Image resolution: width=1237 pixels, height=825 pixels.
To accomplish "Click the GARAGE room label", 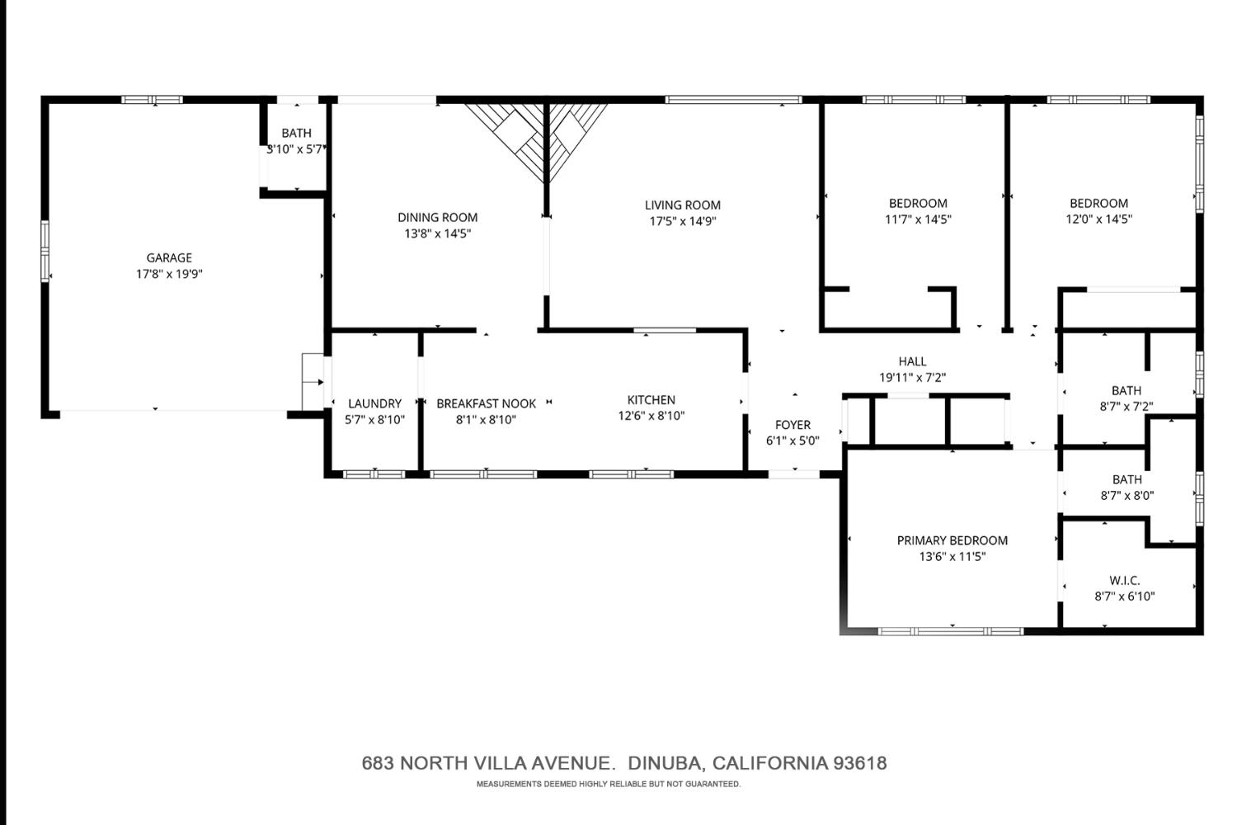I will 169,258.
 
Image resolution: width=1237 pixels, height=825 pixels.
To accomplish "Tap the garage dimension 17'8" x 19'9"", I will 169,274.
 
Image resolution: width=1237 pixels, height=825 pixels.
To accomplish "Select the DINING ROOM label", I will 437,218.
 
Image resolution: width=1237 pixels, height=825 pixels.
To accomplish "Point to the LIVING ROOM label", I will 682,205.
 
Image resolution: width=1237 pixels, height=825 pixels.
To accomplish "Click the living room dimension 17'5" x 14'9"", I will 682,221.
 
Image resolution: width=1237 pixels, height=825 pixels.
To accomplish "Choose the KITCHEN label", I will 651,400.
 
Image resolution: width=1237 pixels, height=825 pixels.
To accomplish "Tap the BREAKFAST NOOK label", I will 486,403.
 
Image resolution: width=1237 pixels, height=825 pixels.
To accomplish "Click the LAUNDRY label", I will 374,403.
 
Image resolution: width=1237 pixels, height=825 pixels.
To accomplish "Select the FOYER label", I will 793,425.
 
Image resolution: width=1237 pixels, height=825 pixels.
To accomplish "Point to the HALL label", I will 912,361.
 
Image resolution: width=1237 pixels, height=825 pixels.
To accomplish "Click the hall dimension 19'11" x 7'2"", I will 912,378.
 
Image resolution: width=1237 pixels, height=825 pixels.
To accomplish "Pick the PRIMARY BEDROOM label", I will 952,540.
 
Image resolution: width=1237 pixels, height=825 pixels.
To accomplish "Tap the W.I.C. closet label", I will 1125,581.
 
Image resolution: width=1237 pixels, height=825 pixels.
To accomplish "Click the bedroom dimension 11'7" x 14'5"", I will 918,219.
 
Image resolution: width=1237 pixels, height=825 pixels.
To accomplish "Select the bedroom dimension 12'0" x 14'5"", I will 1098,219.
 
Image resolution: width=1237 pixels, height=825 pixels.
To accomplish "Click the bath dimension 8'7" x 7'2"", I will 1126,407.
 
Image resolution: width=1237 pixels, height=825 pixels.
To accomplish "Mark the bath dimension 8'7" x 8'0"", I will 1126,496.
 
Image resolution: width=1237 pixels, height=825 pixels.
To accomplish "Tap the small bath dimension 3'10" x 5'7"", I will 295,149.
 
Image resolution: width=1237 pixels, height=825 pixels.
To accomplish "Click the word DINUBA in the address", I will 665,763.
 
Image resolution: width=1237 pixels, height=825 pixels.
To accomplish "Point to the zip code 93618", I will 860,763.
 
